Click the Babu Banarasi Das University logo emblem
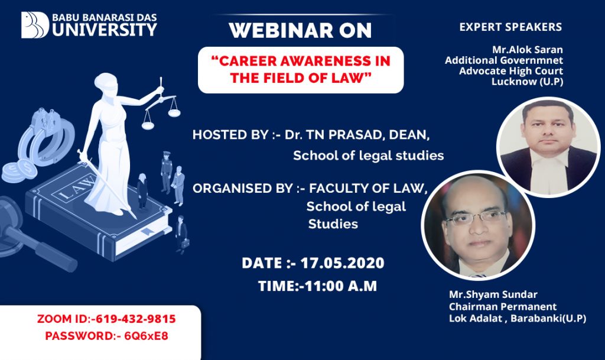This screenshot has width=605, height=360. pos(35,25)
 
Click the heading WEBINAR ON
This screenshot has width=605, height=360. pos(300,31)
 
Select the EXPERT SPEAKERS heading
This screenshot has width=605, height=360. pos(510,27)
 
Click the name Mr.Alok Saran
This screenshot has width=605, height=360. pos(528,50)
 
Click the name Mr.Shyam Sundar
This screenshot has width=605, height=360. pos(493,294)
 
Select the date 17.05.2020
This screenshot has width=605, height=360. pos(342,263)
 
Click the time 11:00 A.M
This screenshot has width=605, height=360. pos(341,286)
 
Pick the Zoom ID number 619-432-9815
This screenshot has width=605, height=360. pos(135,319)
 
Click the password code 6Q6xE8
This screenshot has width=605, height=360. pos(147,336)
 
